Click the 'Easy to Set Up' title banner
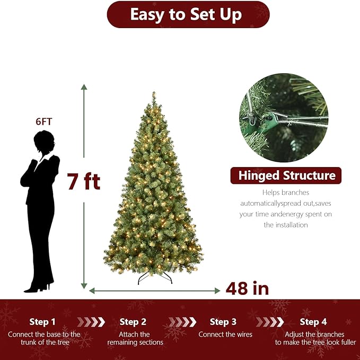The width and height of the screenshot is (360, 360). point(188,14)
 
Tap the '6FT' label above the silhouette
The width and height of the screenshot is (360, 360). point(44,121)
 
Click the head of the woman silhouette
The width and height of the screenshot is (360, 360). point(43,142)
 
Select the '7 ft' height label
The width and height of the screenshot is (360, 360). point(84,182)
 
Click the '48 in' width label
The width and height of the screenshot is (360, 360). point(247,288)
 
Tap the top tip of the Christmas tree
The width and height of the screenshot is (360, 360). point(154,94)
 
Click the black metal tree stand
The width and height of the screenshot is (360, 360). point(155,277)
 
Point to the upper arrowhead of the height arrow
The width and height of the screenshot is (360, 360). point(84,87)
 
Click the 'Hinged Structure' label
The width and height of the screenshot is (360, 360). point(286,175)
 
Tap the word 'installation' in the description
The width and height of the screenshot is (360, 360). point(286,225)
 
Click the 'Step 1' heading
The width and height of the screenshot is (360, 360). point(42,322)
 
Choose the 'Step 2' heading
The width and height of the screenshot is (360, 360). point(133,322)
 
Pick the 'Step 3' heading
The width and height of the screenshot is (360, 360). point(223,322)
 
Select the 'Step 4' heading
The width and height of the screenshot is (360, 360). point(313,322)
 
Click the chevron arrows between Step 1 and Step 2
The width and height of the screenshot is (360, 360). point(91,322)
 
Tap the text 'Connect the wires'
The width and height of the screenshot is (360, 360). point(225,335)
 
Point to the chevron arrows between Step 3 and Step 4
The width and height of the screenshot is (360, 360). point(269,322)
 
